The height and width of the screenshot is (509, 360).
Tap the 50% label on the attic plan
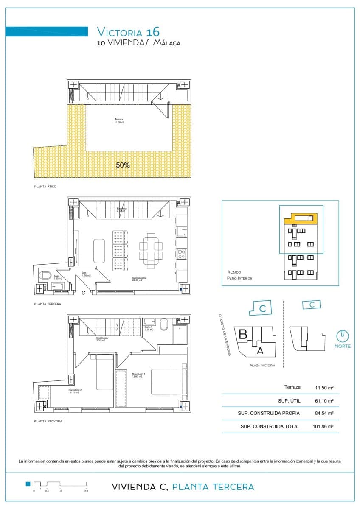(123, 165)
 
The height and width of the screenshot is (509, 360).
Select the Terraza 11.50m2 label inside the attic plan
(119, 121)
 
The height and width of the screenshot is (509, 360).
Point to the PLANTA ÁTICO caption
(45, 187)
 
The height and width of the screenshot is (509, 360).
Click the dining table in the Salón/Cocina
(150, 250)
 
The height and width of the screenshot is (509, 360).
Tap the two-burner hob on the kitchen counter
(181, 254)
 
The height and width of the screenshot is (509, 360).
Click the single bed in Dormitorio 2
(104, 372)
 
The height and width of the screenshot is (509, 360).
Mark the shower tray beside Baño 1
(181, 335)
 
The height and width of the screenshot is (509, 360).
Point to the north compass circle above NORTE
(343, 336)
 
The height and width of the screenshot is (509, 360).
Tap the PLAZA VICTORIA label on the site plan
(262, 366)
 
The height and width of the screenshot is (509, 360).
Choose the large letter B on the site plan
(243, 334)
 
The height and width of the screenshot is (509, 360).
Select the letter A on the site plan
(260, 350)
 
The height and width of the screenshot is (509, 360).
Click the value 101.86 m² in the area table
(324, 427)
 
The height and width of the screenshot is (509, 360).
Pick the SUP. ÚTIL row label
(288, 400)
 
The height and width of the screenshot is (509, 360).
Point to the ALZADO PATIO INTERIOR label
(240, 275)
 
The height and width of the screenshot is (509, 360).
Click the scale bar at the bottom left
(59, 484)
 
